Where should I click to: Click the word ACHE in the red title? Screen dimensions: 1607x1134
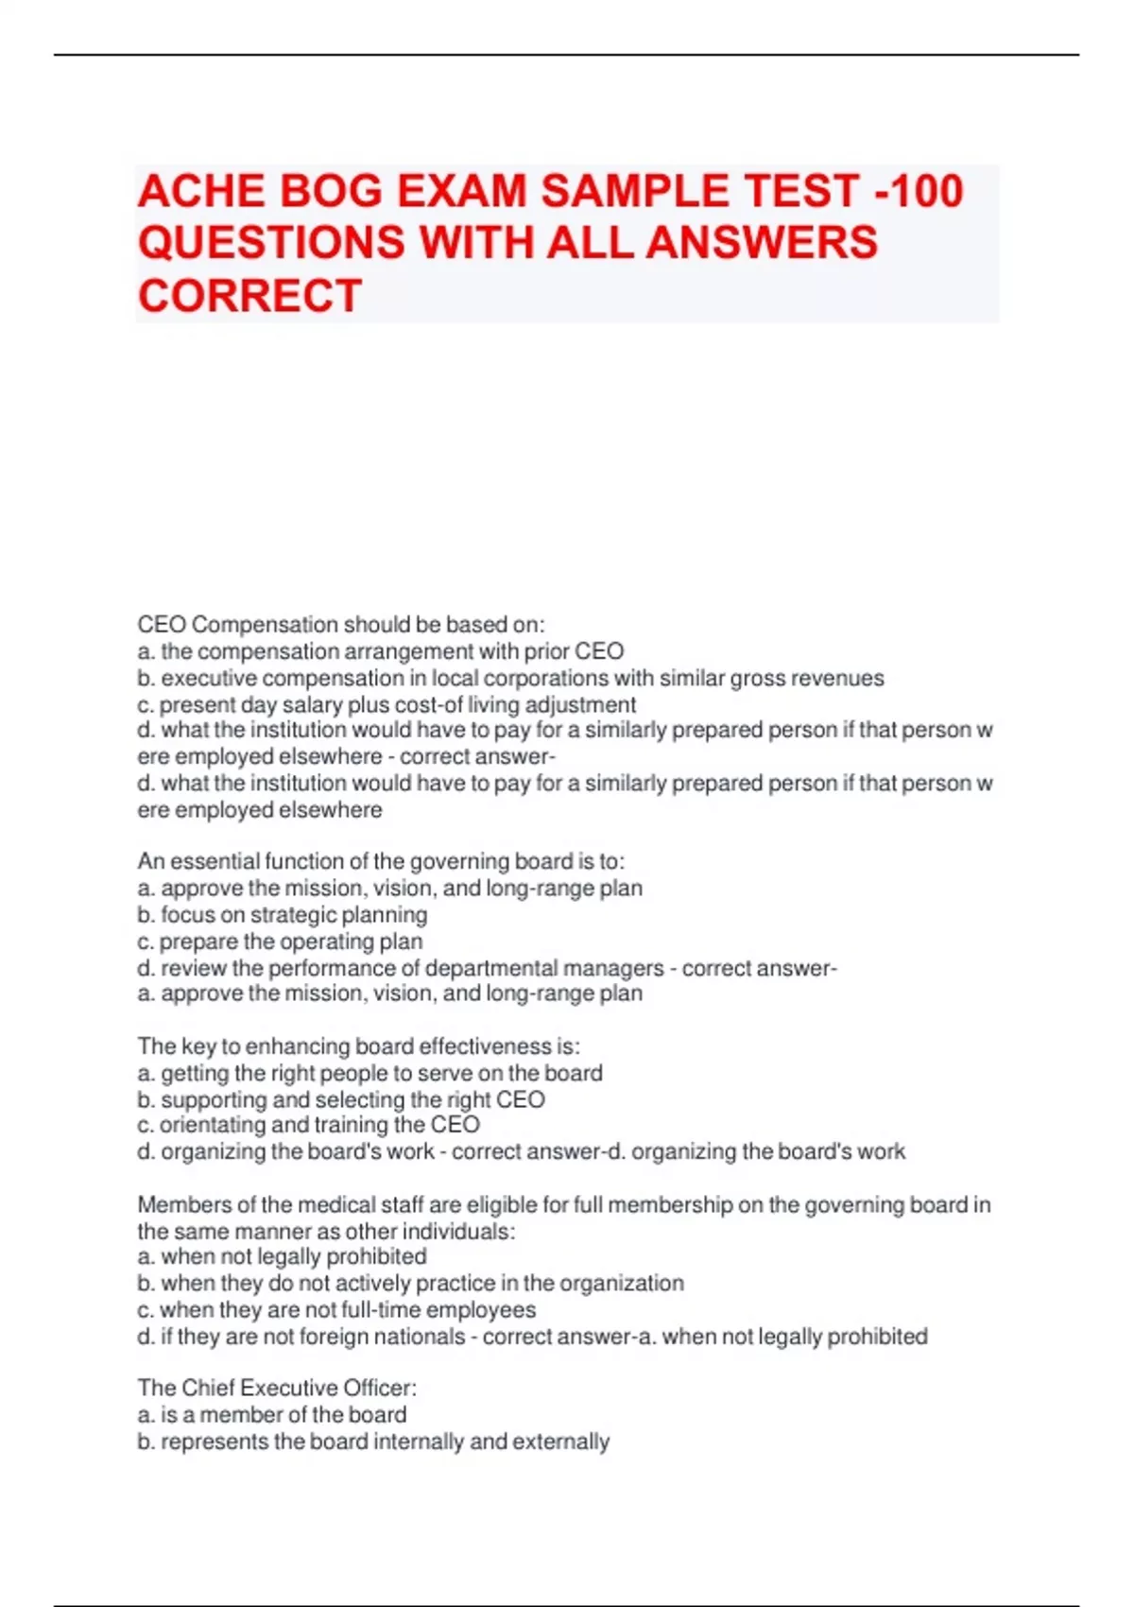coord(199,191)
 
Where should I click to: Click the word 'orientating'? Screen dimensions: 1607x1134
coord(212,1125)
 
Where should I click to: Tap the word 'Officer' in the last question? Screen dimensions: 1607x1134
coord(380,1388)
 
